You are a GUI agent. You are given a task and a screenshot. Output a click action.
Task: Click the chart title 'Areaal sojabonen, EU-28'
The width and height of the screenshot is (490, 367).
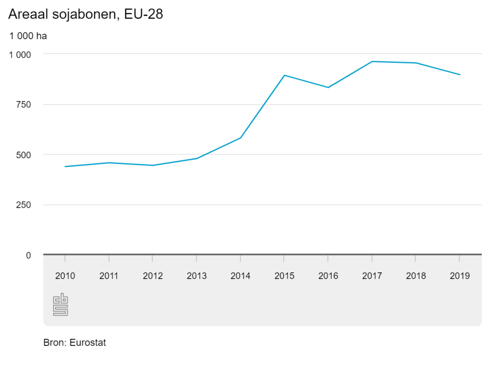(x=86, y=15)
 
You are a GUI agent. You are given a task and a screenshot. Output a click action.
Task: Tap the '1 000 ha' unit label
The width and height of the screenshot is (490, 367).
(x=28, y=36)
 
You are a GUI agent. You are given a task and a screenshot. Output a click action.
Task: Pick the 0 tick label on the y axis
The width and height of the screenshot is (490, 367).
(x=28, y=255)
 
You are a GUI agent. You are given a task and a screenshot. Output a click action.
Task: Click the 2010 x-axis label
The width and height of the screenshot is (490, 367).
(x=65, y=276)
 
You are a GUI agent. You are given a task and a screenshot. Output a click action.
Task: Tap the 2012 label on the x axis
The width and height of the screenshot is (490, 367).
(x=153, y=276)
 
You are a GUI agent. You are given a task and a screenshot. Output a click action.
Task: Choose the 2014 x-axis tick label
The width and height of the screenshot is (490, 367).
(x=240, y=276)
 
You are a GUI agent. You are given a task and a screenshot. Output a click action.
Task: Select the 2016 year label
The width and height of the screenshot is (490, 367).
(x=328, y=276)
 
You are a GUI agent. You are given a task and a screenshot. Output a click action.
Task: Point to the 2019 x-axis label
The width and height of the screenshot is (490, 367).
(x=460, y=276)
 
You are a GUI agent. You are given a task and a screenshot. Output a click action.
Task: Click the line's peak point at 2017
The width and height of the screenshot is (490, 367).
(x=372, y=61)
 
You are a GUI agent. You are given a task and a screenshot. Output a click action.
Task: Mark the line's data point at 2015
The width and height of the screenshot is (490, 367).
(x=284, y=75)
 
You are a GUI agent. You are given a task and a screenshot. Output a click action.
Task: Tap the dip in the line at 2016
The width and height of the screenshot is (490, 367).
(x=328, y=87)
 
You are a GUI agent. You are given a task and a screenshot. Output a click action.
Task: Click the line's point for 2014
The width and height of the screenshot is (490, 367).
(x=240, y=138)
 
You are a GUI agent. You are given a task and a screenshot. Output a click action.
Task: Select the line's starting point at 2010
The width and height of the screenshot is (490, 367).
(x=65, y=166)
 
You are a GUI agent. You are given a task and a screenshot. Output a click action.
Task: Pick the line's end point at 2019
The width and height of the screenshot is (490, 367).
(x=460, y=75)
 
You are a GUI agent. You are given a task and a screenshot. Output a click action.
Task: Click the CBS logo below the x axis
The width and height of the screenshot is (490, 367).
(x=60, y=305)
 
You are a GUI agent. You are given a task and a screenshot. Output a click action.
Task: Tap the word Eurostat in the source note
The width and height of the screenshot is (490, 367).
(x=88, y=343)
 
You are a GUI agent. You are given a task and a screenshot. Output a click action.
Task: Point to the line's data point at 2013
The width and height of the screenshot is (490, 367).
(x=197, y=158)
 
